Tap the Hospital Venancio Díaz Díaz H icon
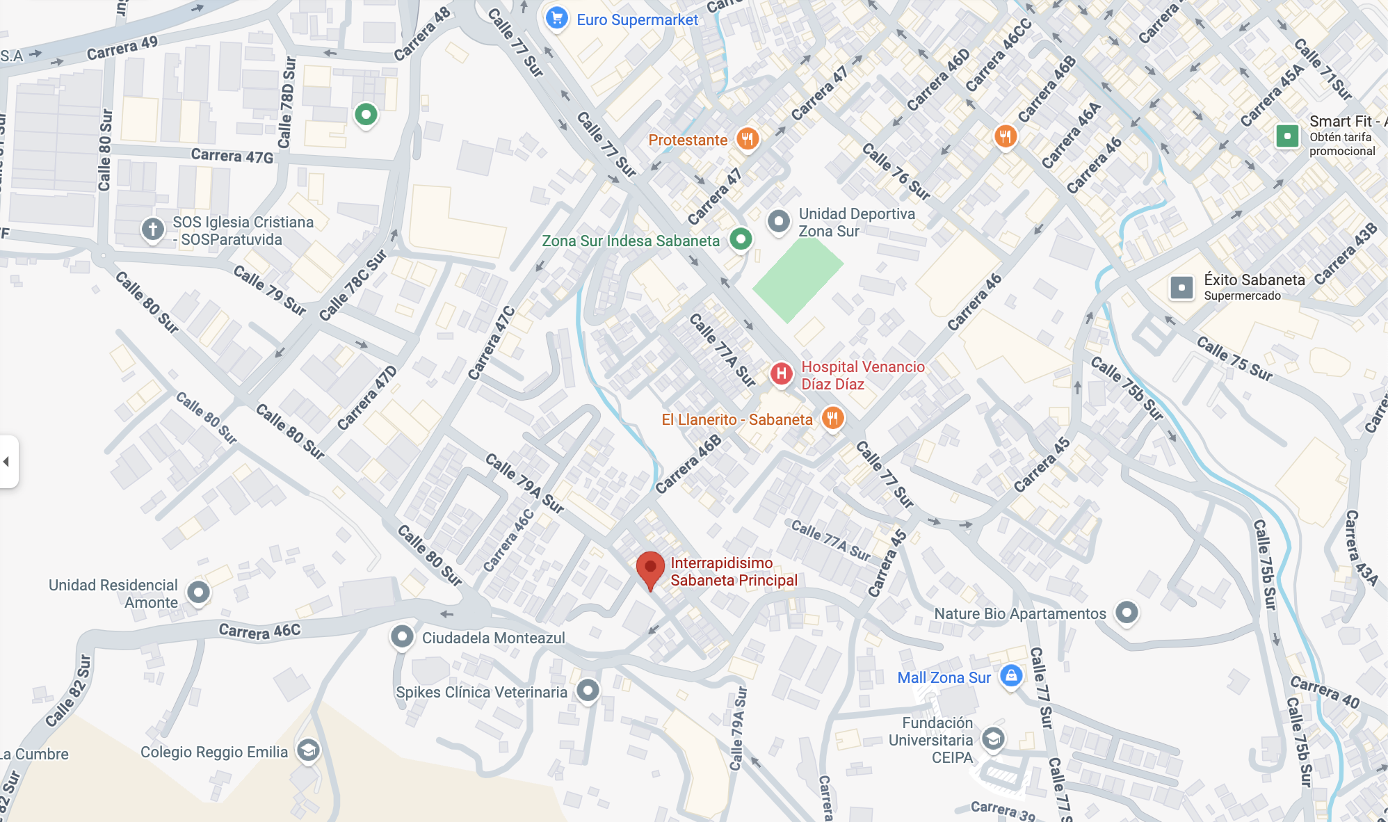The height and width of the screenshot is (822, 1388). click(x=781, y=373)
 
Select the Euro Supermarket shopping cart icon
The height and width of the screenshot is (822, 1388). click(x=556, y=18)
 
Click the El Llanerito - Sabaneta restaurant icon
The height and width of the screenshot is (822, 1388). click(x=832, y=418)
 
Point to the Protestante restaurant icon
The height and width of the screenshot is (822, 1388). click(x=747, y=138)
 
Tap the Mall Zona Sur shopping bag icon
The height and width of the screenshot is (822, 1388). click(x=1011, y=675)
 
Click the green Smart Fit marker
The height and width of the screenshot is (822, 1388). click(x=1287, y=136)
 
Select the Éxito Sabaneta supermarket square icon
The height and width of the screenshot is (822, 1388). click(x=1181, y=287)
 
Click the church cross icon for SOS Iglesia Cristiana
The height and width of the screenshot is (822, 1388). click(x=152, y=228)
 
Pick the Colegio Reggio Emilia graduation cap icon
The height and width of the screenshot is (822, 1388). click(x=308, y=750)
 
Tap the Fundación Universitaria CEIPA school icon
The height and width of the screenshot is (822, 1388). click(x=993, y=738)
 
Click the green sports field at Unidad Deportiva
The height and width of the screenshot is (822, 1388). click(x=797, y=278)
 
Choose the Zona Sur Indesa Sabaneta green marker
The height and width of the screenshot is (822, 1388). click(x=741, y=239)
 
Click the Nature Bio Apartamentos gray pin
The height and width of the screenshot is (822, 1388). click(x=1127, y=612)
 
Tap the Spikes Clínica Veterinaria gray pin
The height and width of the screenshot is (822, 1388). click(x=588, y=690)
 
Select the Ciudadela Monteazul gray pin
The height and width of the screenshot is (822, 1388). click(x=402, y=636)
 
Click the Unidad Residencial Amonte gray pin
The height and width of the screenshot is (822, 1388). click(x=199, y=592)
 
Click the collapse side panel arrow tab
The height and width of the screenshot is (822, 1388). click(x=8, y=462)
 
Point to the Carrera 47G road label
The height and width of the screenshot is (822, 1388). click(x=232, y=156)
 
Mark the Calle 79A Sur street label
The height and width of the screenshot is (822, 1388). click(x=524, y=483)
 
